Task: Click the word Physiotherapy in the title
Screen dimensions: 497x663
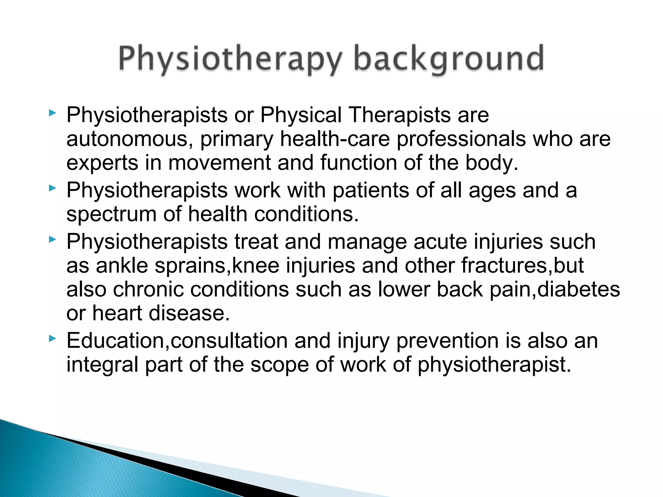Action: (x=230, y=59)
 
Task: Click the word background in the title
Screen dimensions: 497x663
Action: (x=449, y=59)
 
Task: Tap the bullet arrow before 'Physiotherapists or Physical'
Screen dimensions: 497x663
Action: (x=52, y=113)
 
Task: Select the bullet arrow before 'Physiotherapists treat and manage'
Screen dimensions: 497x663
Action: (x=52, y=240)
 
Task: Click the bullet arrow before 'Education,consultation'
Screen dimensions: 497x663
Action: (x=52, y=339)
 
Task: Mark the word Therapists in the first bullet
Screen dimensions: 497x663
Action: (x=399, y=115)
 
